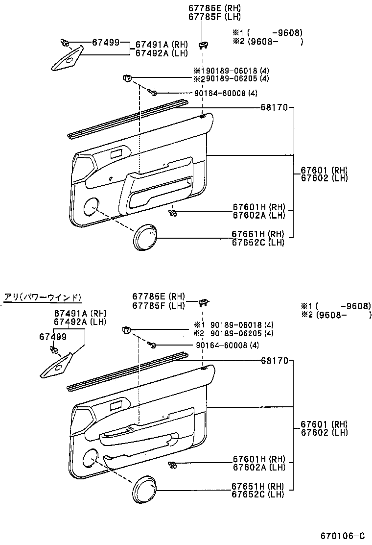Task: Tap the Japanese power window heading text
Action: click(x=43, y=297)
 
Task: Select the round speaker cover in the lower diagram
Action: click(x=145, y=490)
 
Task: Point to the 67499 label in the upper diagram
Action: click(x=106, y=43)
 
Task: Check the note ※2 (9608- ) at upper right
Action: click(x=268, y=42)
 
